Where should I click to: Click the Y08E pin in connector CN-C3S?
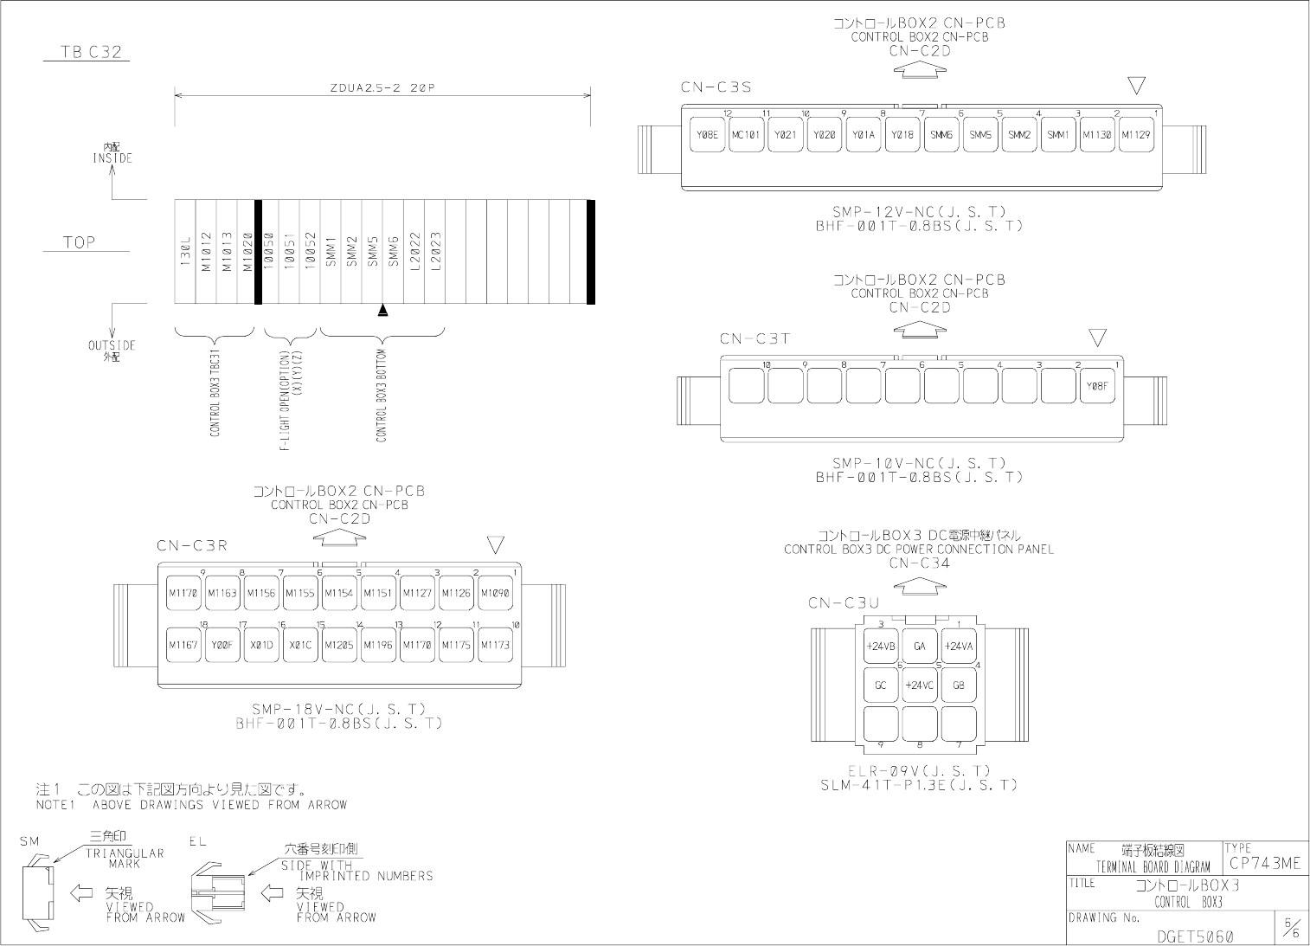(x=707, y=135)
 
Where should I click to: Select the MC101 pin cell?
(x=746, y=135)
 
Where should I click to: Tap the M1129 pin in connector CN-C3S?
(x=1135, y=135)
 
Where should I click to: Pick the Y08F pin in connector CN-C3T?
(x=1096, y=386)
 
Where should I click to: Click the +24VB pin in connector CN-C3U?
(x=880, y=646)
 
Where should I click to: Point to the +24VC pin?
(x=919, y=685)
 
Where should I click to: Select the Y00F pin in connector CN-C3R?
(x=222, y=645)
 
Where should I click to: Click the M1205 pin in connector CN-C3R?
(x=339, y=645)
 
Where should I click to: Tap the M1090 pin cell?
(x=495, y=593)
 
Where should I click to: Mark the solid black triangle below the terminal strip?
(x=383, y=310)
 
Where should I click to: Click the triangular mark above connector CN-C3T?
(x=1097, y=337)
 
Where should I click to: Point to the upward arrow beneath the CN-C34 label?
(x=919, y=586)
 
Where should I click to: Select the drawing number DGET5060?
(x=1195, y=936)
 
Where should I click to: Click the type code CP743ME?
(x=1264, y=863)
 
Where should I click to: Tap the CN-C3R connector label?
(x=192, y=546)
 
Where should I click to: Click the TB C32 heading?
(x=91, y=52)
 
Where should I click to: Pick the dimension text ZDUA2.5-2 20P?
(x=382, y=87)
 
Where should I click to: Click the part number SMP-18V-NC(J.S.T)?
(x=339, y=709)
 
